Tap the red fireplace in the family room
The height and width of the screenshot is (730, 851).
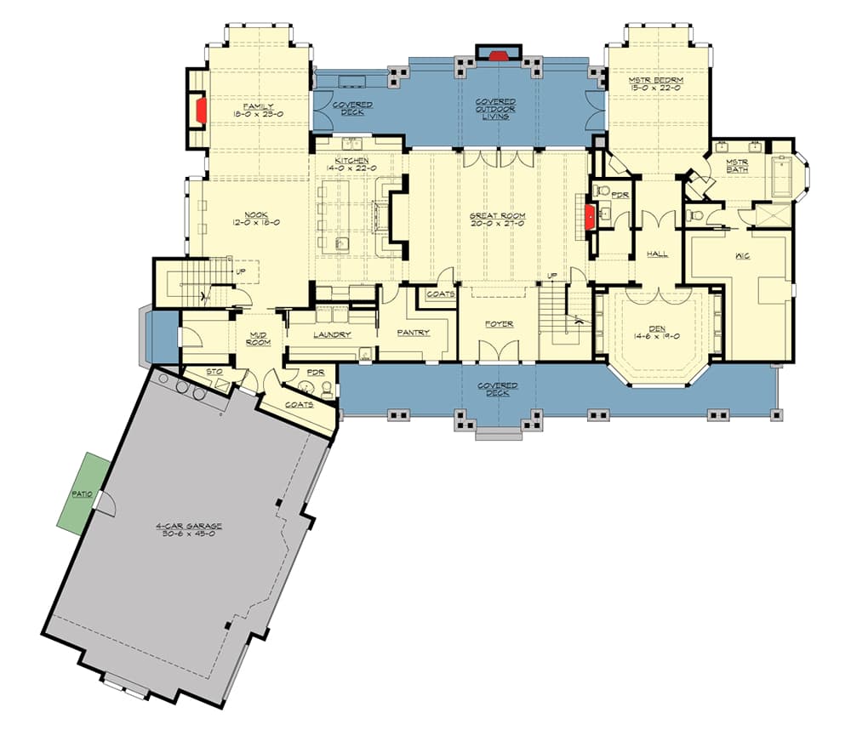point(202,111)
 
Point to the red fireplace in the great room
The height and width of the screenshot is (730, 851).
point(587,216)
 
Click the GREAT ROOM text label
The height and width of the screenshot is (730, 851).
point(497,216)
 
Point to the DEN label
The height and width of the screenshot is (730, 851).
point(655,328)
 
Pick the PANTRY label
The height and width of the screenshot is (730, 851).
point(413,333)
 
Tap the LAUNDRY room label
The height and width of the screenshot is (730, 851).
point(332,334)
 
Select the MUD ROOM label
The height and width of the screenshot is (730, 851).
point(257,339)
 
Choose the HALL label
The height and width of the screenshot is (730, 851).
point(656,254)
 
